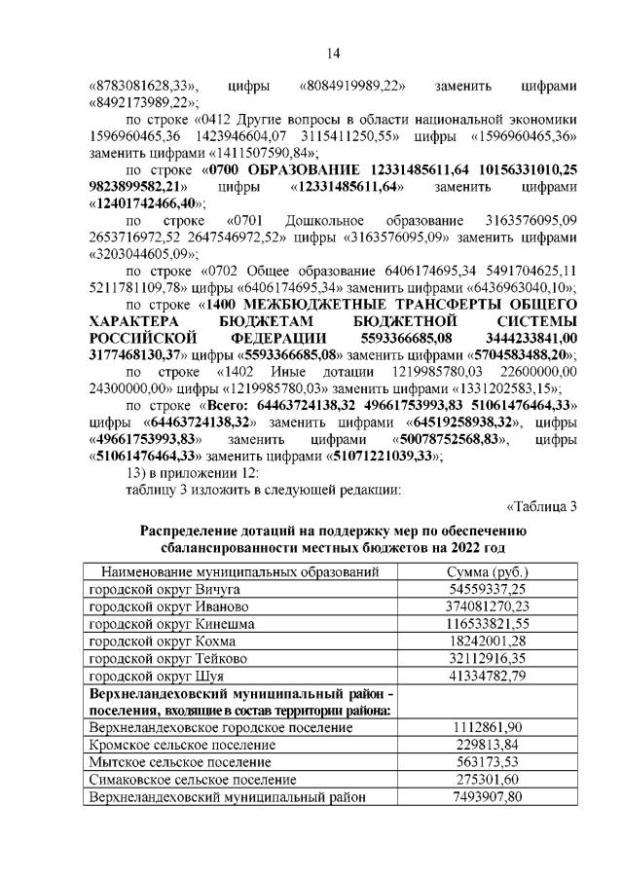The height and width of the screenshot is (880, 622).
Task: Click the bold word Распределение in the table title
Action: tap(198, 531)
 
